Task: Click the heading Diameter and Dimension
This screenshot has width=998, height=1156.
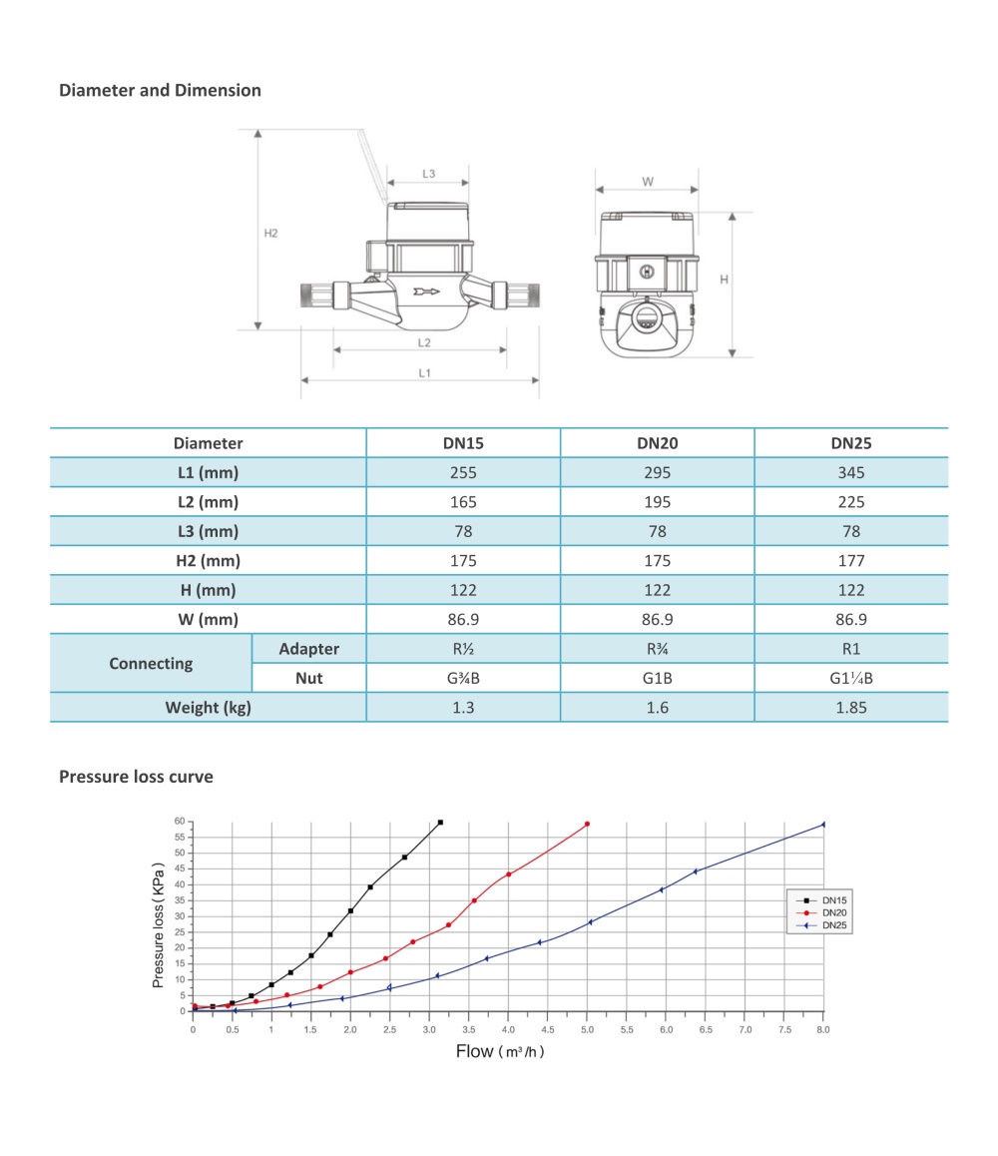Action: [160, 91]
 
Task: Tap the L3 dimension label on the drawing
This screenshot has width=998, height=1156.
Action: [428, 174]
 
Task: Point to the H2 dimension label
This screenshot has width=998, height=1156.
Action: [270, 234]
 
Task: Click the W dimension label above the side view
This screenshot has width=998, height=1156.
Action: [648, 182]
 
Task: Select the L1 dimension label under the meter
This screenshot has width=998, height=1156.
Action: [424, 372]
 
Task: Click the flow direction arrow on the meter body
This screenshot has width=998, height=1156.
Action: [426, 292]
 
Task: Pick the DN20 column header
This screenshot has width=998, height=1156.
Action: [658, 443]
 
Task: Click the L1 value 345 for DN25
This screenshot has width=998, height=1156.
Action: [851, 473]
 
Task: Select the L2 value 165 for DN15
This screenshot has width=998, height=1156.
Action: [463, 502]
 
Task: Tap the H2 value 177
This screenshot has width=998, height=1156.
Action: [851, 561]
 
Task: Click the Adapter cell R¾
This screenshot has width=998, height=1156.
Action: [658, 649]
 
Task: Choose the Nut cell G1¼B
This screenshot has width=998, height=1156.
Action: [851, 679]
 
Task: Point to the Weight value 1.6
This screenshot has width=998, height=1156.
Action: [658, 708]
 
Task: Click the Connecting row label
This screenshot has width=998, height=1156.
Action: [151, 664]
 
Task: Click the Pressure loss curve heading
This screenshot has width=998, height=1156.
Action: [136, 777]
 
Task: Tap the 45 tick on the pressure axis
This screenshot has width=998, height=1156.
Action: [181, 868]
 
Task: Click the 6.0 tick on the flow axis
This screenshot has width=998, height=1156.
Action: [666, 1028]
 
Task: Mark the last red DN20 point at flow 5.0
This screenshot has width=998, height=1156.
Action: [587, 824]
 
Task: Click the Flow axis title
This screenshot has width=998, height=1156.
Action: [500, 1051]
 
